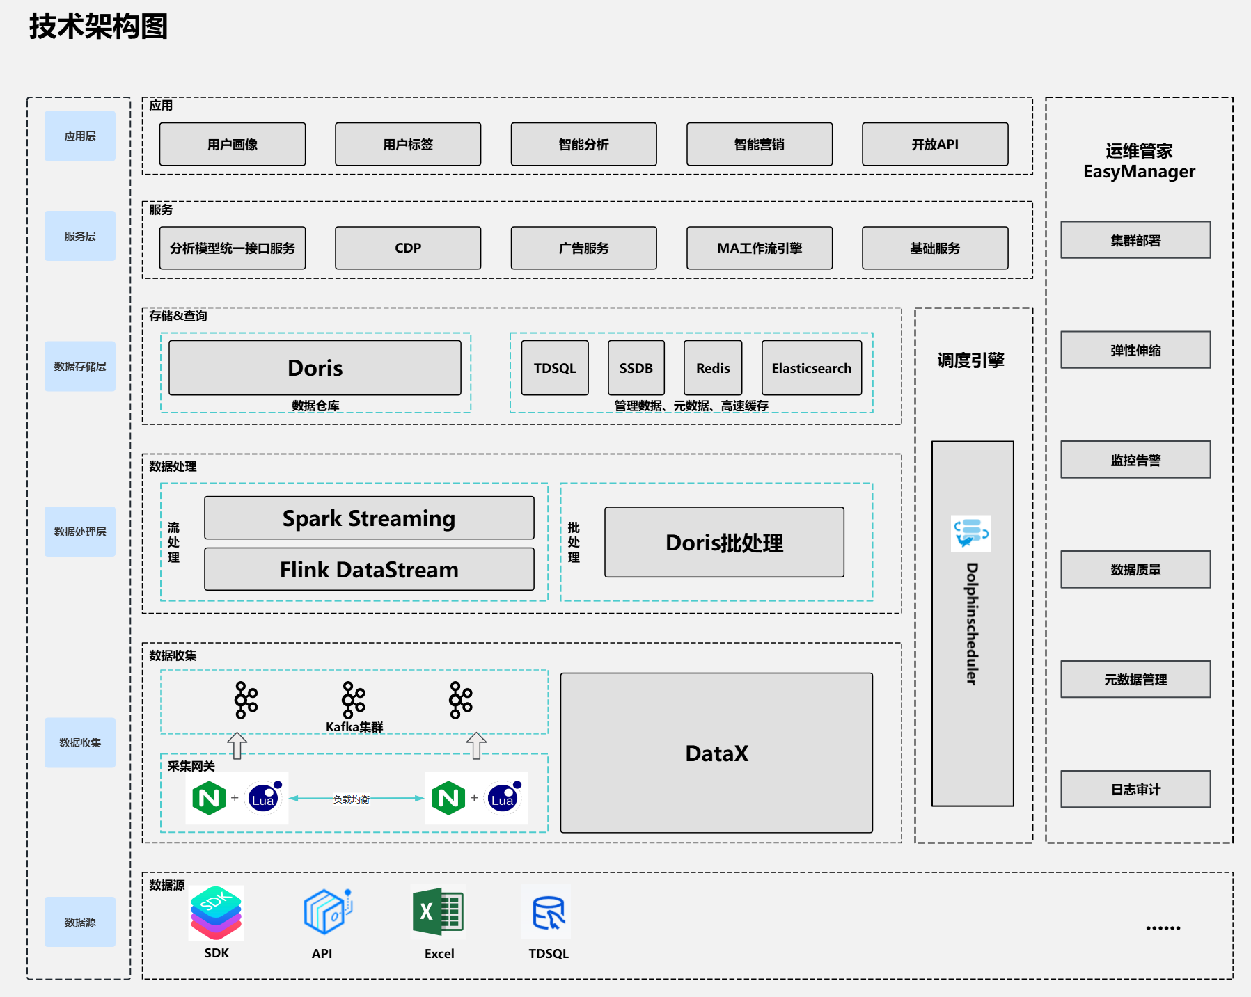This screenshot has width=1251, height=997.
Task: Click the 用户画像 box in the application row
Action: coord(233,144)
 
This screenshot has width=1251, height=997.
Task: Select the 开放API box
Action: coord(935,144)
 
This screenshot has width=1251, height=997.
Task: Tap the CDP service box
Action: coord(408,248)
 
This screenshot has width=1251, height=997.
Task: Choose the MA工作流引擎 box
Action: coord(760,248)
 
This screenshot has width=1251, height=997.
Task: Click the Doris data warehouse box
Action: coord(315,367)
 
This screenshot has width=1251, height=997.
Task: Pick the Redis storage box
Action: coord(713,367)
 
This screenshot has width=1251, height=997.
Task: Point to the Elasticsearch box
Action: coord(812,367)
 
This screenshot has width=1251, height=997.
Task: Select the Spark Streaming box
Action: coord(369,518)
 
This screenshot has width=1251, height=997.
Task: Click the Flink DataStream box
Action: coord(369,569)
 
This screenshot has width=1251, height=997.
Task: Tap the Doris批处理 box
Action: coord(724,542)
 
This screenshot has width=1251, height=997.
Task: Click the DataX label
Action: coord(716,753)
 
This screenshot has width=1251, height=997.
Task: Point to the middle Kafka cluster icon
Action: coord(353,700)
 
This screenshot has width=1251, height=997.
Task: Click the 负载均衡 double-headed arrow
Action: coord(356,799)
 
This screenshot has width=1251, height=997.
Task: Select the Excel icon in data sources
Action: coord(439,911)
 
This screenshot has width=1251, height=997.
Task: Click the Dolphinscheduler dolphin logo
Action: coord(971,534)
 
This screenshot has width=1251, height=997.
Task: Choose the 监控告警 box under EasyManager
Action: coord(1135,459)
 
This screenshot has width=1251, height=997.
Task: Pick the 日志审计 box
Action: coord(1135,789)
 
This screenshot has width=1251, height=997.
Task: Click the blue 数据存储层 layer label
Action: coord(80,366)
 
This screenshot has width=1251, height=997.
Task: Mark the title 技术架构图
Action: coord(98,26)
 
